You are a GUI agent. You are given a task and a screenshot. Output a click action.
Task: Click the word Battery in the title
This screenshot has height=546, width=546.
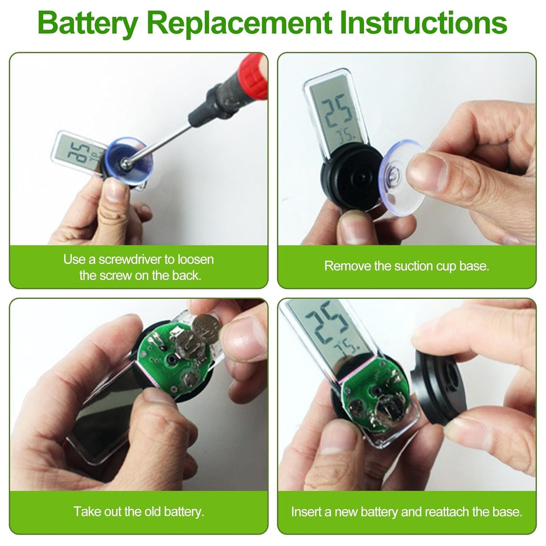[x=88, y=23]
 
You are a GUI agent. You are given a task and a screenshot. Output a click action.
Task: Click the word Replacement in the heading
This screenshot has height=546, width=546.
[x=240, y=23]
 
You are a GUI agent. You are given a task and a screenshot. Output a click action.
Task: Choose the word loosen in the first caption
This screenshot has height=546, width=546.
[x=195, y=260]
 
